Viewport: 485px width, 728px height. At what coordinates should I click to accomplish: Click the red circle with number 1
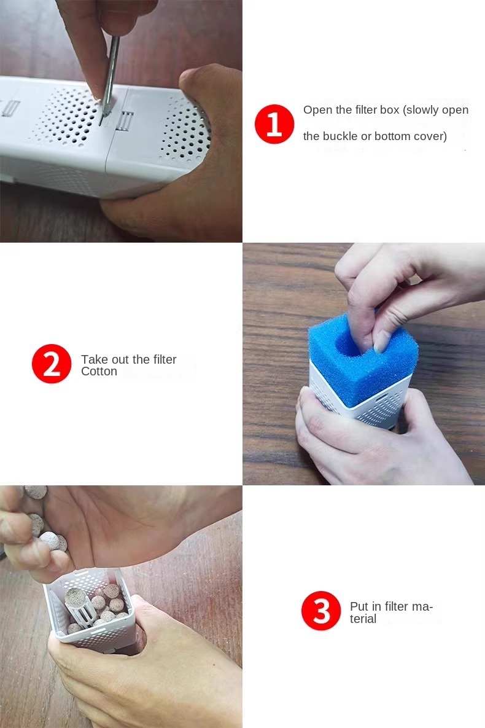[274, 124]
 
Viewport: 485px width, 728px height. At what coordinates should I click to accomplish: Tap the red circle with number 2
[52, 364]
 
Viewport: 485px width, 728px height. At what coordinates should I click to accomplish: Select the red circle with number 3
[321, 611]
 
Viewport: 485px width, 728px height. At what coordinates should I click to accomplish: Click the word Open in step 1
[316, 110]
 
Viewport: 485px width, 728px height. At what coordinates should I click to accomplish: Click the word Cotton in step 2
[99, 372]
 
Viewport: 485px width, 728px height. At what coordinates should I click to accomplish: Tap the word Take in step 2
[94, 359]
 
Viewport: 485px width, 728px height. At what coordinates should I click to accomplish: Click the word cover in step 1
[432, 136]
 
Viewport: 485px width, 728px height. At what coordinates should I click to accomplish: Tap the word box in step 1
[389, 110]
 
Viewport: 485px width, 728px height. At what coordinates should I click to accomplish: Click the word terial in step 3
[363, 619]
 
